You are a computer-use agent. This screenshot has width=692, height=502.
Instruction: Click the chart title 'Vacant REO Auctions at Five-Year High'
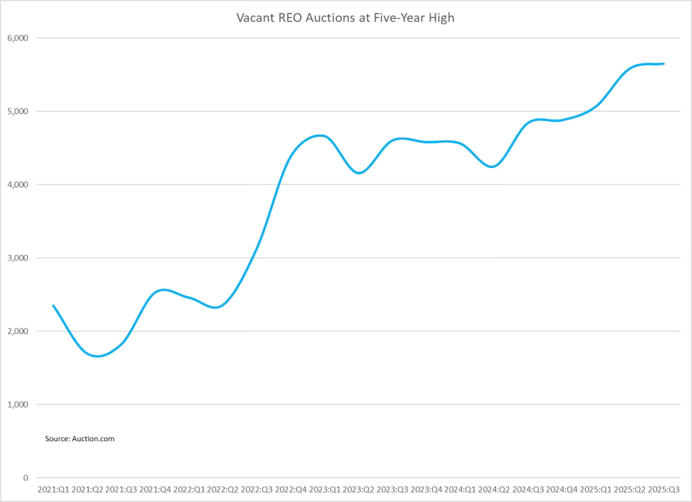pos(345,18)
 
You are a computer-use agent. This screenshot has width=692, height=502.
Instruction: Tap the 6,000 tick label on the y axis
pos(16,38)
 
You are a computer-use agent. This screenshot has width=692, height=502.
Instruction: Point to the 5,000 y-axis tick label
pos(16,111)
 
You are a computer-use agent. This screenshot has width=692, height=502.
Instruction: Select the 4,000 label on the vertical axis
pos(16,184)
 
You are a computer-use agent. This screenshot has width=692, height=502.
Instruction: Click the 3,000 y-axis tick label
pos(16,258)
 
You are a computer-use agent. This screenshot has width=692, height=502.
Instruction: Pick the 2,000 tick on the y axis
pos(16,331)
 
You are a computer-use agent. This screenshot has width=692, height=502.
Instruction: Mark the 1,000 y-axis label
pos(16,405)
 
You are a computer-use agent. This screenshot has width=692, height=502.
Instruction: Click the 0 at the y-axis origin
pos(25,478)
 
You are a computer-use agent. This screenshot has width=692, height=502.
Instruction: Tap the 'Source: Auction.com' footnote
pos(80,439)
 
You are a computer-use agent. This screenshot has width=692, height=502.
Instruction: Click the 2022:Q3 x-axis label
pos(256,489)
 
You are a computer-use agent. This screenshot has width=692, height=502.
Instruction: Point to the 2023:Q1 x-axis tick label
pos(324,489)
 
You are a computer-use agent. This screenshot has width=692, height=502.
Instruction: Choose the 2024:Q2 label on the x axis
pos(493,489)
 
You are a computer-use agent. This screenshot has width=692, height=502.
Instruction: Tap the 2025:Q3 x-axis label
pos(663,489)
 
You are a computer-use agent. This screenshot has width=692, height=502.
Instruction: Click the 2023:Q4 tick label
pos(426,489)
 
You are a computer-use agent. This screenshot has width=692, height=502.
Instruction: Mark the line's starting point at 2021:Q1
pos(53,306)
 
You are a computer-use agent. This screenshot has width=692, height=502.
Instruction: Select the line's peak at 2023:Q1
pos(322,136)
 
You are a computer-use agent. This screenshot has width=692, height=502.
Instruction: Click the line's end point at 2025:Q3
pos(664,63)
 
